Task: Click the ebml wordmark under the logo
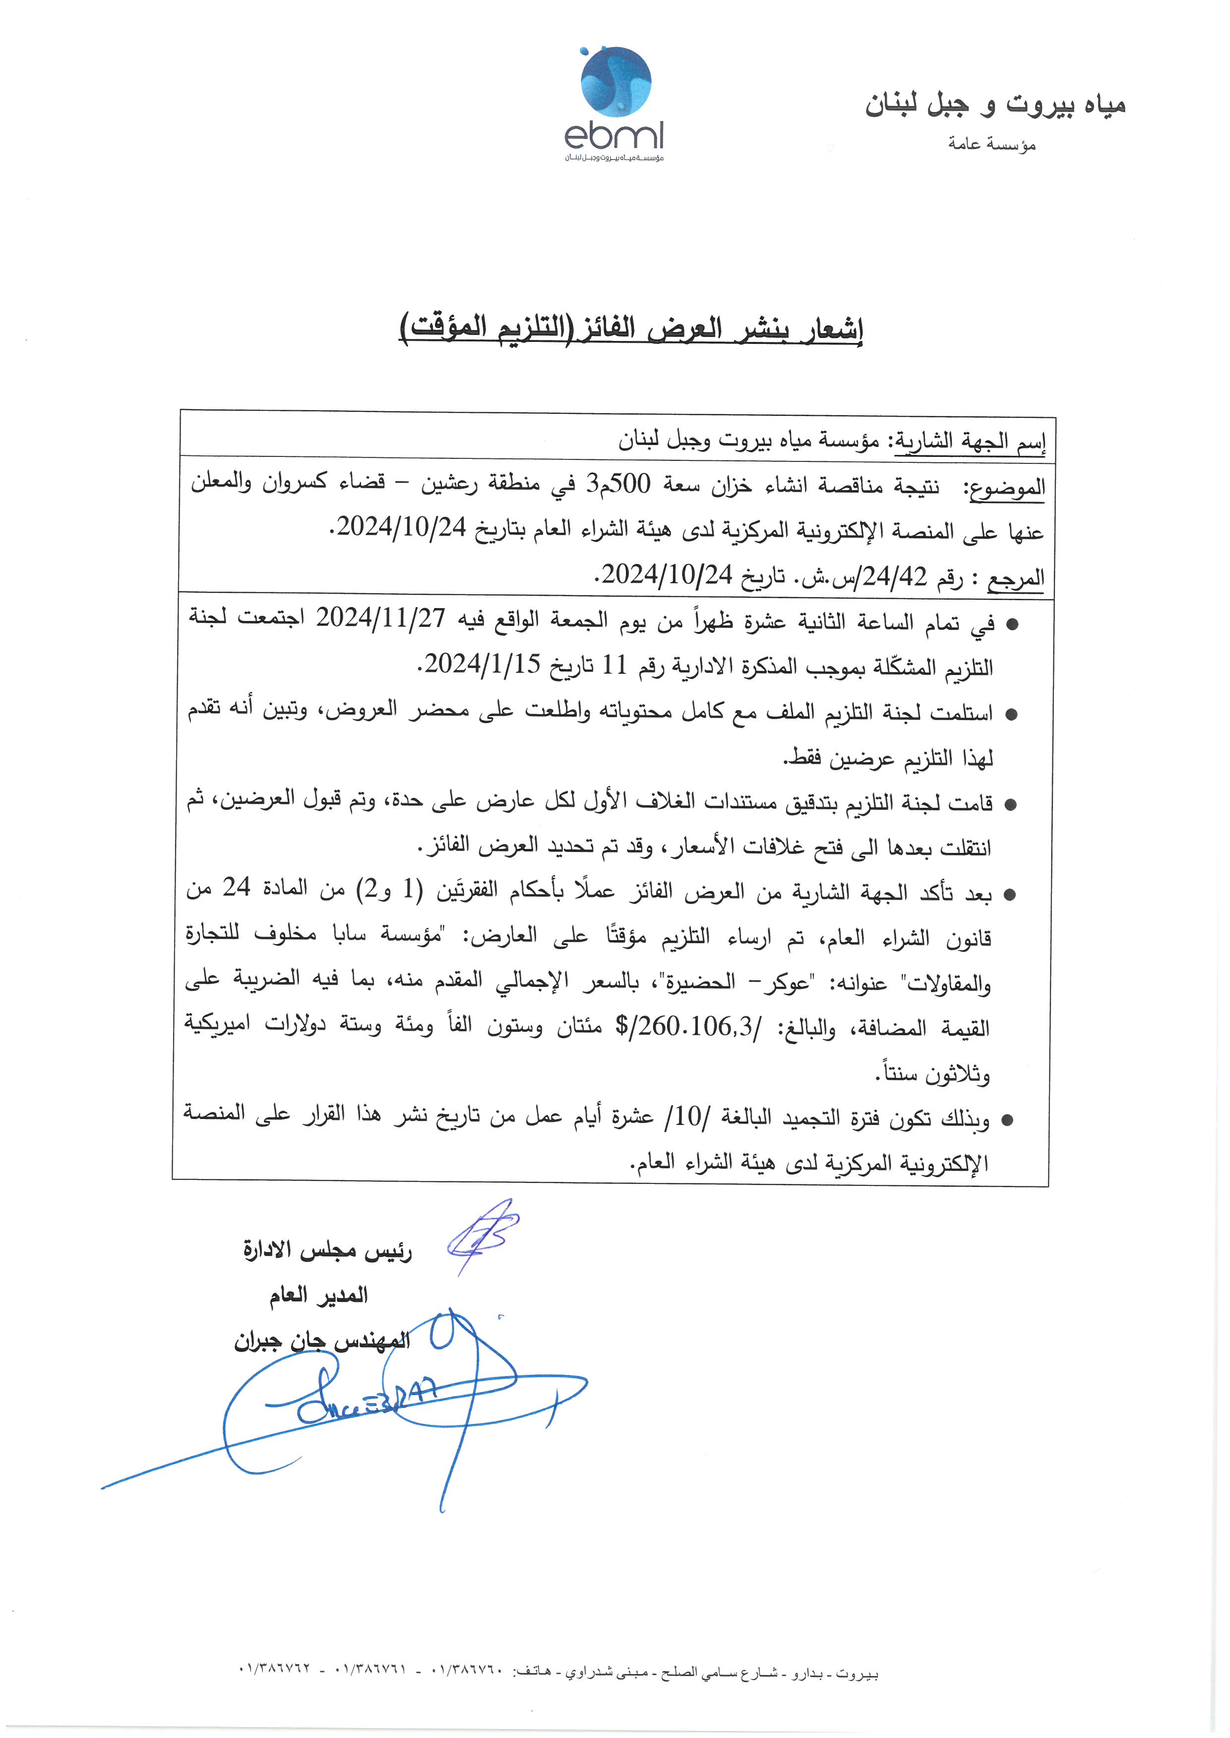614,136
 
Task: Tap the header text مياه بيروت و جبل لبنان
995,105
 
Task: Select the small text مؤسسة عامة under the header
991,144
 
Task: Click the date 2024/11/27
380,618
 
